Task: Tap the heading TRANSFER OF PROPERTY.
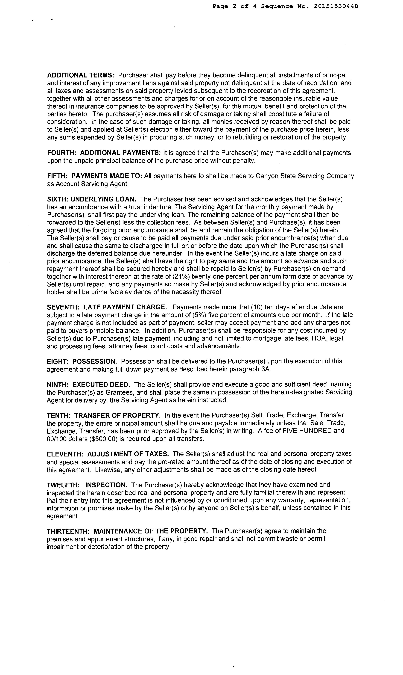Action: tap(117, 415)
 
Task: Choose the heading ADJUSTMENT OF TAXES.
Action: tap(128, 454)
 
